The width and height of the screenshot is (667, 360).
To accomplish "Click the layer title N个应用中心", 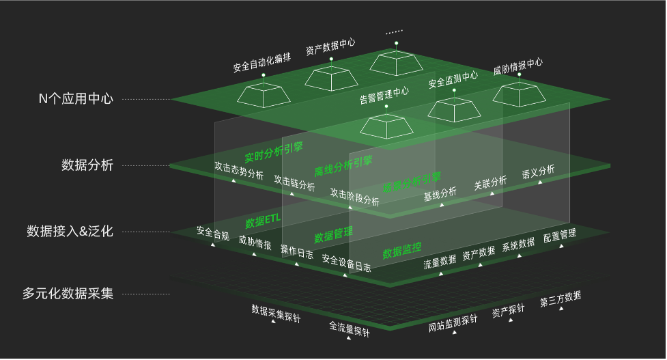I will pyautogui.click(x=76, y=98).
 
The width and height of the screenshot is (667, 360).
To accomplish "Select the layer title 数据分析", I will pyautogui.click(x=87, y=165).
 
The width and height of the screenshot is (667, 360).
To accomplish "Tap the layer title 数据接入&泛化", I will pyautogui.click(x=70, y=231).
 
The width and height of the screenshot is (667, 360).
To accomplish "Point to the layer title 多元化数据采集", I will pyautogui.click(x=68, y=294).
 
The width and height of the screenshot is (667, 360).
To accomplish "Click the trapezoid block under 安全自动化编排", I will pyautogui.click(x=264, y=95).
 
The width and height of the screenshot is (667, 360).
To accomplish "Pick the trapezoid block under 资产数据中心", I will pyautogui.click(x=331, y=78).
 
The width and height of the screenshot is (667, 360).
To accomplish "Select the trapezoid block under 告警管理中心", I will pyautogui.click(x=386, y=126).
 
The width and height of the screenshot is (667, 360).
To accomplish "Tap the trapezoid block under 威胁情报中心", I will pyautogui.click(x=519, y=94).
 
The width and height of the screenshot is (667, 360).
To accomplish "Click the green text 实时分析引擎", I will pyautogui.click(x=274, y=152).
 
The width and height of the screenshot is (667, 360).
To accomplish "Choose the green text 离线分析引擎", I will pyautogui.click(x=343, y=165).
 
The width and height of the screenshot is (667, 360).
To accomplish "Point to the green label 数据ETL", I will pyautogui.click(x=263, y=221).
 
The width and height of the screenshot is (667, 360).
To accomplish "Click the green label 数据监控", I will pyautogui.click(x=402, y=250).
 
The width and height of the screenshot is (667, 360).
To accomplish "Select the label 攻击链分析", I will pyautogui.click(x=294, y=182).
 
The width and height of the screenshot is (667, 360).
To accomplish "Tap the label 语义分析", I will pyautogui.click(x=538, y=171).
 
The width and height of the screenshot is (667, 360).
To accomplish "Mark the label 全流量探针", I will pyautogui.click(x=349, y=329).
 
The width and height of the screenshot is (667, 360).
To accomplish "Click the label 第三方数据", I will pyautogui.click(x=560, y=299).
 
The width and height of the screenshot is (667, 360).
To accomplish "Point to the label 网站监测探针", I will pyautogui.click(x=453, y=323).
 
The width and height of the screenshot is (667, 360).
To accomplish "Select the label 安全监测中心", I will pyautogui.click(x=453, y=80).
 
